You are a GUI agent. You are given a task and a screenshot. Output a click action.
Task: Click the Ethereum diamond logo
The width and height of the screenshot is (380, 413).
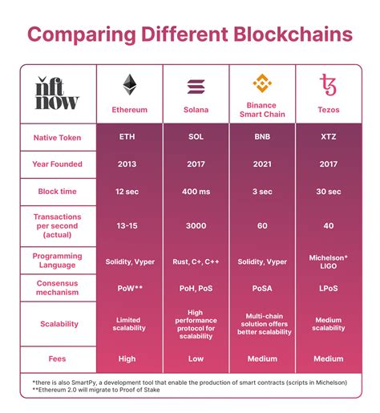click(x=130, y=84)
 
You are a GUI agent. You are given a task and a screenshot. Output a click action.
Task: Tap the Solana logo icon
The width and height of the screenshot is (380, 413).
click(x=196, y=87)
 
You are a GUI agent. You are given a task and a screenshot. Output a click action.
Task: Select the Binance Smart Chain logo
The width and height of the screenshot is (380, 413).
click(x=262, y=83)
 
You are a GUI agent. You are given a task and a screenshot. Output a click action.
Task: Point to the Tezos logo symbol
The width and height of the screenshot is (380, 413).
click(x=328, y=84)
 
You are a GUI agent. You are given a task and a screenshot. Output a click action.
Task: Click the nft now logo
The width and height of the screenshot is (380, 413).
click(x=57, y=93)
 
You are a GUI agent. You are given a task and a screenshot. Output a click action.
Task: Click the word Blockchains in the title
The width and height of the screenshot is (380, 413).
click(x=293, y=34)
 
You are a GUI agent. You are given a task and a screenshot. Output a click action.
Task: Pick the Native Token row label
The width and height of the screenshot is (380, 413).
click(x=57, y=138)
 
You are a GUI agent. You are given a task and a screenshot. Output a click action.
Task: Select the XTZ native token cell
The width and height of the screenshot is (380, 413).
click(x=329, y=137)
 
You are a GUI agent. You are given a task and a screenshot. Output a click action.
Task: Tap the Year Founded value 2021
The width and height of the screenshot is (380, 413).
click(x=262, y=164)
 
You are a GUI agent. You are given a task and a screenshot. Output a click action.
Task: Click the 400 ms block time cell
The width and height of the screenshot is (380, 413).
click(x=196, y=192)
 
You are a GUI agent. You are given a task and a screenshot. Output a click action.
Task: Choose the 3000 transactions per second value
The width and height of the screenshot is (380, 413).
click(x=196, y=225)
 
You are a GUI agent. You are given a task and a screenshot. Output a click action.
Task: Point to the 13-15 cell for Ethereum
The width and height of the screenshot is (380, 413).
click(x=127, y=225)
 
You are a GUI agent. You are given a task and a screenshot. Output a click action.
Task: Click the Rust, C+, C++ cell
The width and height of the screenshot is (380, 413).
click(x=196, y=261)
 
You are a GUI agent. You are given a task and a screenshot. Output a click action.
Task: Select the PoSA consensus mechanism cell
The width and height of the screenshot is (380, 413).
click(x=262, y=288)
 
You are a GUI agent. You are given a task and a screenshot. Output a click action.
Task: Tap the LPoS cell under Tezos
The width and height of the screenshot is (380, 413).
click(x=329, y=288)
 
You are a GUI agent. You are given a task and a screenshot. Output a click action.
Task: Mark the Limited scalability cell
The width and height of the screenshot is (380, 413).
click(x=129, y=324)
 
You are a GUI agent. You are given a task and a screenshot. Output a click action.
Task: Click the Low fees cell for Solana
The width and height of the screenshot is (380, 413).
click(x=196, y=358)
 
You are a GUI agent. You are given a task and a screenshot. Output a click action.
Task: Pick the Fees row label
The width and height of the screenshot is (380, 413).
click(x=57, y=358)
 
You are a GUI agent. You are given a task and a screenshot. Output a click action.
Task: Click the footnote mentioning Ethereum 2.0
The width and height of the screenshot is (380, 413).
click(x=96, y=390)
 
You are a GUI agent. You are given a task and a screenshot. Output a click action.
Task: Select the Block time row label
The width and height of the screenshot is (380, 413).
click(x=57, y=192)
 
